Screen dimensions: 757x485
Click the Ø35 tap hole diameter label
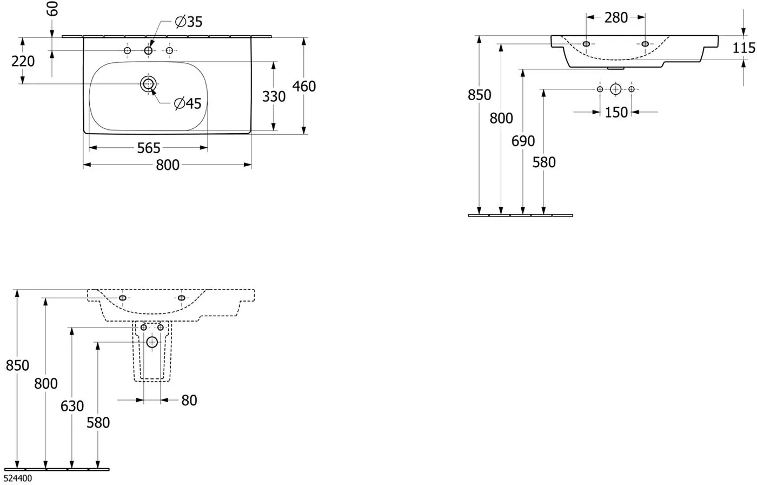(189, 22)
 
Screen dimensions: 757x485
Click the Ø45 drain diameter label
(188, 103)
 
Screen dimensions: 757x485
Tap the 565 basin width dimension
(149, 148)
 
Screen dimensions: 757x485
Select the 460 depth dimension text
(304, 86)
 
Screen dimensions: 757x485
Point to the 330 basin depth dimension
(274, 97)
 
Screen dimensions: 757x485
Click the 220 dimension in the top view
(23, 61)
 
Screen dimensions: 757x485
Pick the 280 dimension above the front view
(616, 17)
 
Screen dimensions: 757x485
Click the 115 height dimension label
(744, 48)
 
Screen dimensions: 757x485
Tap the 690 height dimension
(523, 141)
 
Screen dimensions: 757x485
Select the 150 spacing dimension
(616, 113)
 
